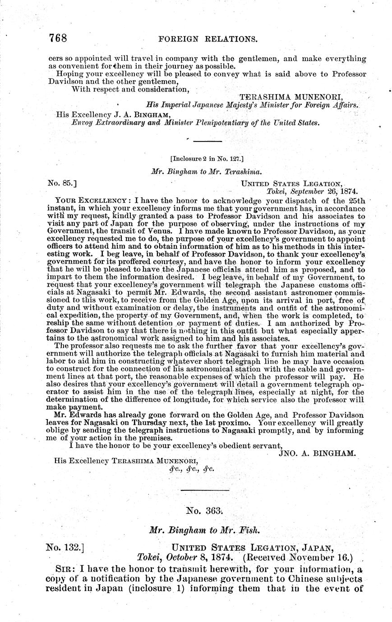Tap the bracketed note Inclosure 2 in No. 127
click(x=208, y=158)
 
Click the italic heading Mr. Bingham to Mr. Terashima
click(x=207, y=172)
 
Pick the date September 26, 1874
click(x=324, y=191)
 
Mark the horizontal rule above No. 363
click(x=205, y=490)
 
